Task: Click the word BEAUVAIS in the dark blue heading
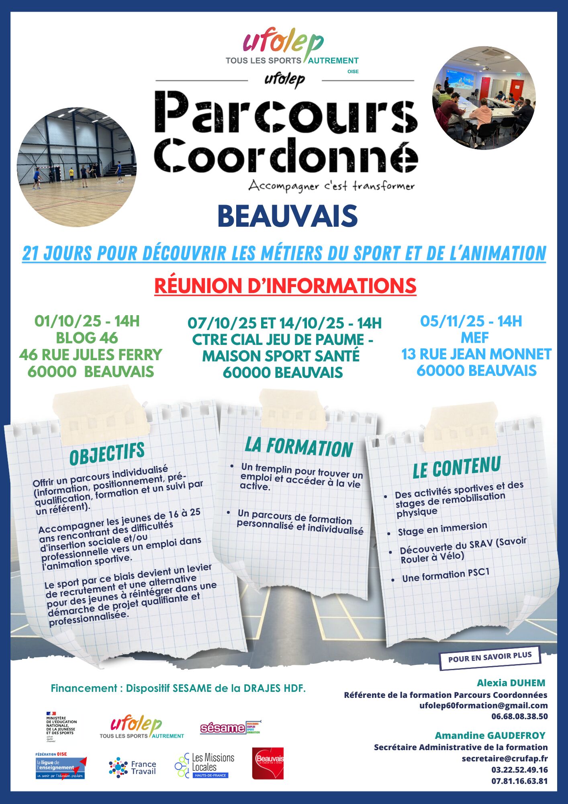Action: (x=287, y=216)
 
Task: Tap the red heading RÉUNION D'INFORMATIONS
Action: (x=285, y=286)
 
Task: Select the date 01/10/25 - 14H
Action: (x=87, y=321)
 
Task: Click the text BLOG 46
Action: (x=87, y=338)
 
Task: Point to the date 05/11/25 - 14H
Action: (x=471, y=321)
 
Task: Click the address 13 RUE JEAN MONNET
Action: (x=476, y=354)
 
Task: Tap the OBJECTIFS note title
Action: (x=107, y=453)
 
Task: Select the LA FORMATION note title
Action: (x=299, y=447)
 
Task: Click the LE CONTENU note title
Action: (x=457, y=468)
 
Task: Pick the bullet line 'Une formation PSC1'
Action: (x=446, y=575)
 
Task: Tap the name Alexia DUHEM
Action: (x=511, y=683)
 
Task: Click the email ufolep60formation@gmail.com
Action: (x=483, y=705)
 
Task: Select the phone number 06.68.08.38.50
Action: (x=519, y=716)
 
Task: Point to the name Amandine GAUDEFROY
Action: (x=490, y=735)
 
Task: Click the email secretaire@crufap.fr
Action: (x=505, y=758)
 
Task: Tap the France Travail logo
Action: (x=133, y=767)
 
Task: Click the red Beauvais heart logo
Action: (x=268, y=763)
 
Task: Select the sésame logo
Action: (x=230, y=728)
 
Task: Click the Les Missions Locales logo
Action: (x=205, y=765)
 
